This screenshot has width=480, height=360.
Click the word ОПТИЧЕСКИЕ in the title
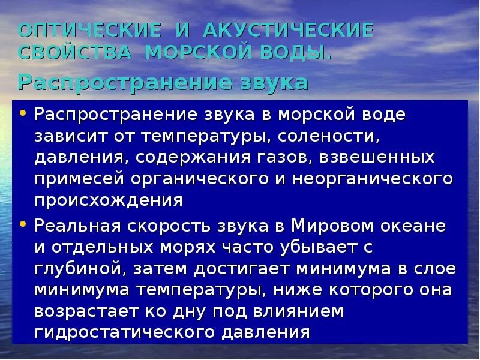[90, 30]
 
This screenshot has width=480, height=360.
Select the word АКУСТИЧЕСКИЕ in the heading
[289, 30]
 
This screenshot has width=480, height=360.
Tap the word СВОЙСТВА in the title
[75, 52]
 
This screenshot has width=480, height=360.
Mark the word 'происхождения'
[108, 200]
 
